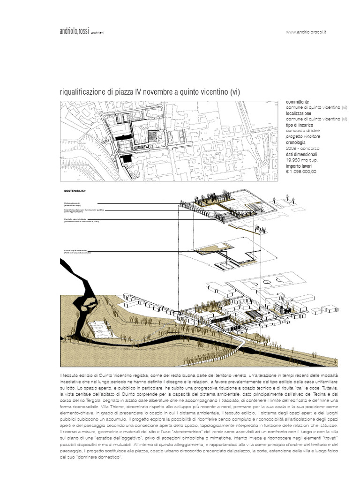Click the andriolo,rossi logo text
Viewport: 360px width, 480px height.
pyautogui.click(x=75, y=31)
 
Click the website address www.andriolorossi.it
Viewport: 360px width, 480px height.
pyautogui.click(x=306, y=32)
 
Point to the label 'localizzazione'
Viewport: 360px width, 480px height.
pyautogui.click(x=298, y=113)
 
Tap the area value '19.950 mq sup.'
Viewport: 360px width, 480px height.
pyautogui.click(x=301, y=160)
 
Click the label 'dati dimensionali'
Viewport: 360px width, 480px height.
pyautogui.click(x=301, y=154)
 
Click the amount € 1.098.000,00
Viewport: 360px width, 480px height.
pyautogui.click(x=301, y=172)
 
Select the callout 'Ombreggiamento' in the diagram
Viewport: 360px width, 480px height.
pyautogui.click(x=72, y=202)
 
